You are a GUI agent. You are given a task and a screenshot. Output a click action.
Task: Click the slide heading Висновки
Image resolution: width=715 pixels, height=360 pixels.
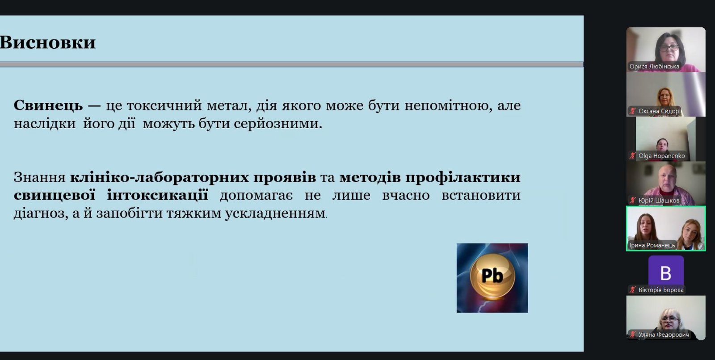(x=47, y=42)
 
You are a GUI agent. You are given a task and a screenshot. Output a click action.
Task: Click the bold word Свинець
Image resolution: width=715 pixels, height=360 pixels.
(x=48, y=105)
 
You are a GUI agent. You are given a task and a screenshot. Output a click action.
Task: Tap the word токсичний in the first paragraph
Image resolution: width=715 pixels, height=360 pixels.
(x=164, y=105)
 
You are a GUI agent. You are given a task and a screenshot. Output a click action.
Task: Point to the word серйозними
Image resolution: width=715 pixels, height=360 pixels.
(x=278, y=124)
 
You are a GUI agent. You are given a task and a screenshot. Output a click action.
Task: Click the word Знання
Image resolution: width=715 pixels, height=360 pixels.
(x=40, y=177)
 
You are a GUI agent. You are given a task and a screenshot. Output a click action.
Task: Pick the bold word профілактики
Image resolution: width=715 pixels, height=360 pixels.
(x=463, y=177)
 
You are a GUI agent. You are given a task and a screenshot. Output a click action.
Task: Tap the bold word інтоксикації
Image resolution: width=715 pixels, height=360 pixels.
(x=158, y=195)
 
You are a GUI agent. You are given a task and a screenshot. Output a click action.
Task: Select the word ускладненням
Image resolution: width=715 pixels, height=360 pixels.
(x=276, y=213)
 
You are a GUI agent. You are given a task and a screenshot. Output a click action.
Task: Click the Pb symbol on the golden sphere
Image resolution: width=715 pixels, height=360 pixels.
(x=492, y=276)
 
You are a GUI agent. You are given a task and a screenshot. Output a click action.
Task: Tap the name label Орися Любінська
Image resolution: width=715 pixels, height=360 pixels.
(x=654, y=67)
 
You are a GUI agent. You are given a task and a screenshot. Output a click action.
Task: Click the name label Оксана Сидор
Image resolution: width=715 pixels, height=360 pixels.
(x=659, y=111)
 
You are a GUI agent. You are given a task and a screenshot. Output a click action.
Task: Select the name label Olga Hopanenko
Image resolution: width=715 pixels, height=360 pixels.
(x=661, y=156)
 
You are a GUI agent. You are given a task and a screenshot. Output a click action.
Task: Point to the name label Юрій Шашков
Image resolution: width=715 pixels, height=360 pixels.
(x=659, y=201)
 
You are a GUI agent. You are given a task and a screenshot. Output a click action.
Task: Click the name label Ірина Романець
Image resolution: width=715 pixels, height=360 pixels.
(x=652, y=245)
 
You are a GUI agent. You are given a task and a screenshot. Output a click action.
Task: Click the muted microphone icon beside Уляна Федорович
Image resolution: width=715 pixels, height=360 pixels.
(x=633, y=335)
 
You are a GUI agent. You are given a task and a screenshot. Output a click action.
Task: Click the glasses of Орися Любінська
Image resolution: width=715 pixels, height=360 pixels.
(x=669, y=48)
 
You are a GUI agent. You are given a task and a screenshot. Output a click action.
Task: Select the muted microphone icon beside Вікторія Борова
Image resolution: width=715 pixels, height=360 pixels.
(x=633, y=290)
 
